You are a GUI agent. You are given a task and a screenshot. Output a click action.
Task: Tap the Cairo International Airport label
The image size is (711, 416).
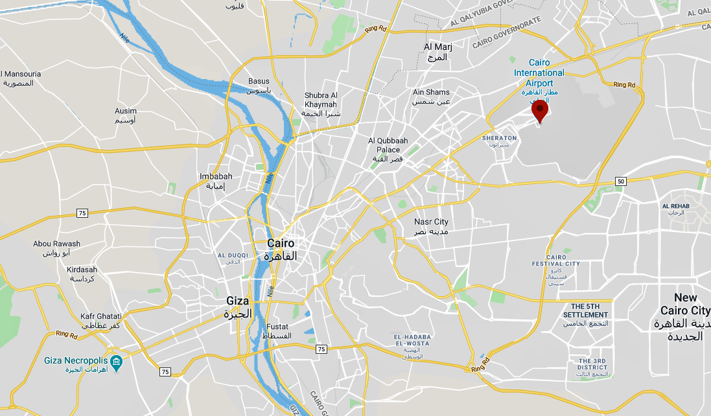(x=539, y=73)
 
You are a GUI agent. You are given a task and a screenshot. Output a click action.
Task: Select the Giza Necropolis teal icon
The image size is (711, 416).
(x=116, y=361)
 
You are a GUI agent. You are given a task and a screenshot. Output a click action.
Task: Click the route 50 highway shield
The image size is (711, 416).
(x=621, y=181)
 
